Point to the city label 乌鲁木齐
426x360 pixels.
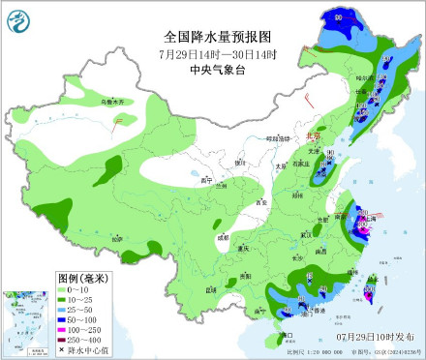point(88,101)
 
